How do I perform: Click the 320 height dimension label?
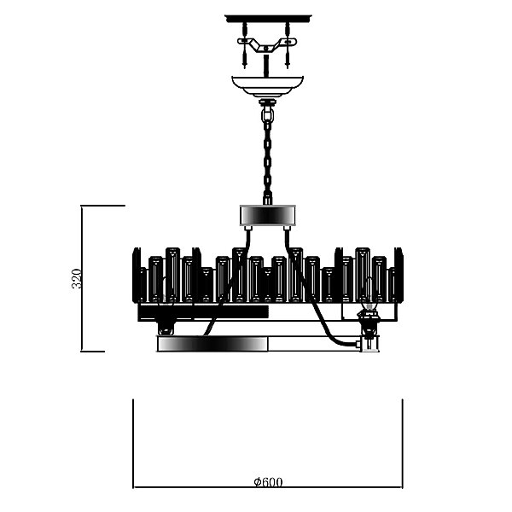pyautogui.click(x=77, y=278)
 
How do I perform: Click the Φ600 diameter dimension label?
pyautogui.click(x=268, y=482)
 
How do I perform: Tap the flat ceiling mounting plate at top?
pyautogui.click(x=268, y=19)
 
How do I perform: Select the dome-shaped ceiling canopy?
pyautogui.click(x=268, y=86)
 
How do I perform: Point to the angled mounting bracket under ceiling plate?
pyautogui.click(x=267, y=44)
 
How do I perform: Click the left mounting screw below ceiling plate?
pyautogui.click(x=245, y=45)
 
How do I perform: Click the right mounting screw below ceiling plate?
pyautogui.click(x=288, y=45)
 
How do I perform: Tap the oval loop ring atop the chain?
pyautogui.click(x=267, y=114)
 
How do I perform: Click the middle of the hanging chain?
pyautogui.click(x=267, y=160)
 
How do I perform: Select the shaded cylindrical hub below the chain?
pyautogui.click(x=268, y=215)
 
